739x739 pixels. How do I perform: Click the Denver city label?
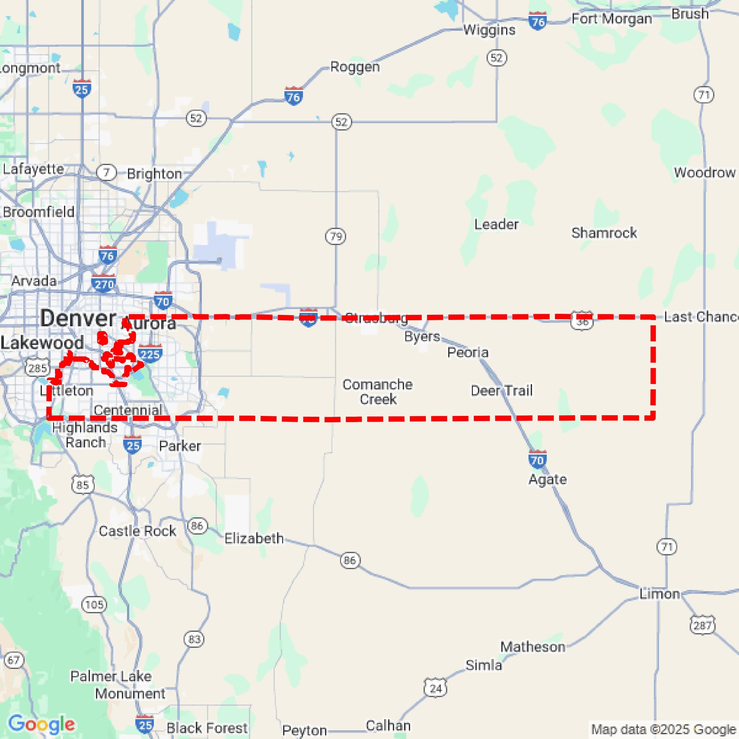point(78,318)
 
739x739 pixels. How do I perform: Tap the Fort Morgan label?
point(611,19)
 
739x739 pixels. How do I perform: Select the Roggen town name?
point(354,67)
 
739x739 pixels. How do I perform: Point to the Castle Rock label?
point(137,531)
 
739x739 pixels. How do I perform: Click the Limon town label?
point(659,594)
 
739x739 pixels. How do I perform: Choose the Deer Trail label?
point(502,391)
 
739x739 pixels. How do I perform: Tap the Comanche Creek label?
point(377,392)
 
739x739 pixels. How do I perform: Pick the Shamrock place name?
point(604,233)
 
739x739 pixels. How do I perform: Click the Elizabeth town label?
point(254,538)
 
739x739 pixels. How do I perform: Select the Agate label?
point(547,479)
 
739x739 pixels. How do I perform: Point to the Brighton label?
point(154,174)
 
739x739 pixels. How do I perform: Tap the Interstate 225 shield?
point(150,354)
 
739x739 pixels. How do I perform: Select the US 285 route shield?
point(37,368)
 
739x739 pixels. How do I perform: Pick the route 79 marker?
point(336,236)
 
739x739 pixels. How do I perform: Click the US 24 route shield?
point(436,688)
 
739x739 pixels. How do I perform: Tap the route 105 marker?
point(94,604)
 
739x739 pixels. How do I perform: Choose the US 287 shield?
point(703,625)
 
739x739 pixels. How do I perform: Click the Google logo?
point(41,724)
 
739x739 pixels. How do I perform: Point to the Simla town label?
point(483,665)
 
